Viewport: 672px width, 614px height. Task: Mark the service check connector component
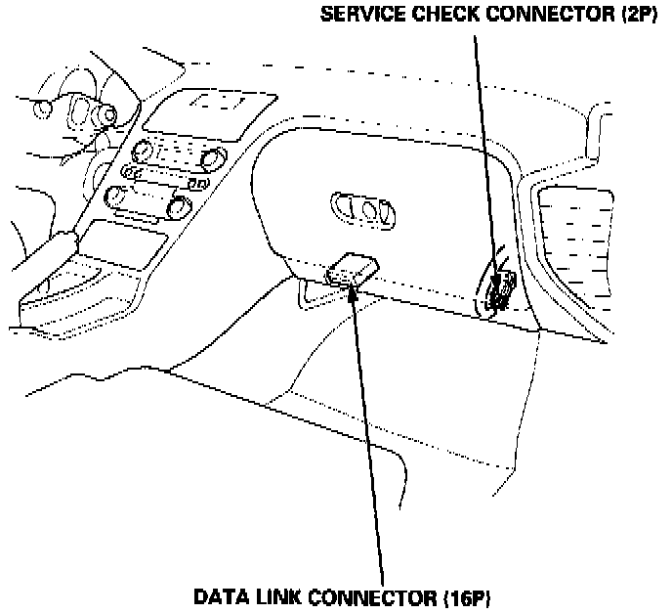pos(502,290)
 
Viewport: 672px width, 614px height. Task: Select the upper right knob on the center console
pos(211,158)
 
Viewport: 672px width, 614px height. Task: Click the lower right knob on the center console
pos(178,206)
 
